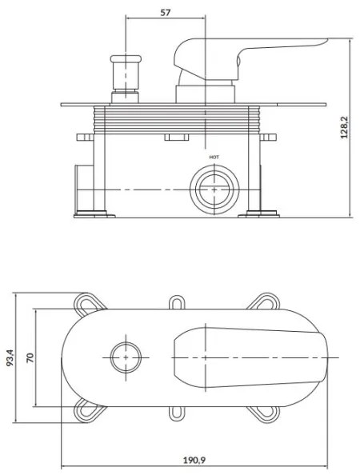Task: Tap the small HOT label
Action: [214, 158]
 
